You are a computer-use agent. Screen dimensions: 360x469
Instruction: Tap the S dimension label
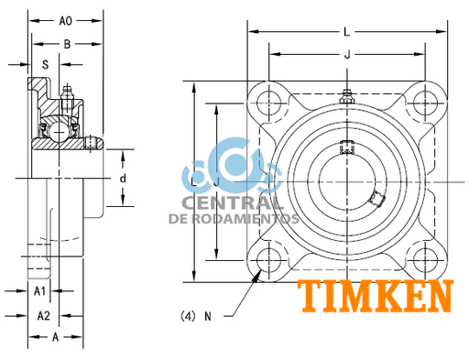45,65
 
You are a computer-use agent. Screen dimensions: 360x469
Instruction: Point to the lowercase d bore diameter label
122,177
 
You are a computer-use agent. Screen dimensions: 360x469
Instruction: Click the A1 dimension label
41,291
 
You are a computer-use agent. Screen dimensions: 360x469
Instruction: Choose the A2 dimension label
42,315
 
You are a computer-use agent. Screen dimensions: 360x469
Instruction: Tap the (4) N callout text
197,316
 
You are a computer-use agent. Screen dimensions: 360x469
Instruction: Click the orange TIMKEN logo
376,297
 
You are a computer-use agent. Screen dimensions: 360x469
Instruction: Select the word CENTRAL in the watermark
233,203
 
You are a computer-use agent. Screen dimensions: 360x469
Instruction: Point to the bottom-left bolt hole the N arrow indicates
267,259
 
